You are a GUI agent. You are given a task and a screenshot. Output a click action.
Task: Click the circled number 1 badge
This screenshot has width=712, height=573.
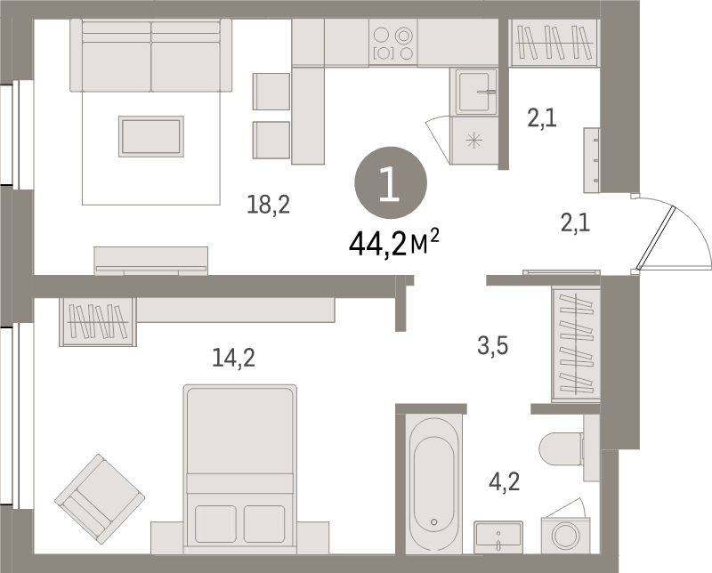tap(391, 182)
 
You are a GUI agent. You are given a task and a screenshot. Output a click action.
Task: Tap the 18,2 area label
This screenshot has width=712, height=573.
tap(269, 206)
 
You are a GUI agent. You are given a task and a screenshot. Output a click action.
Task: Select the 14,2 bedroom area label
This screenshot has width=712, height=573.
tap(233, 358)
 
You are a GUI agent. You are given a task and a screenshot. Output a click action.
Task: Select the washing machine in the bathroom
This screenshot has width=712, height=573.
tap(563, 536)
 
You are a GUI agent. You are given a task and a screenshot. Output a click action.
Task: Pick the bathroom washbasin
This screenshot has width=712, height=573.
tap(498, 537)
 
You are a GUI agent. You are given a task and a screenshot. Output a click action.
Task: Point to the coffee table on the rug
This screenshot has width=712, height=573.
tap(150, 135)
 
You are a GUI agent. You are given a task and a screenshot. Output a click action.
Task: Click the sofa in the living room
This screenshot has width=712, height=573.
tap(150, 53)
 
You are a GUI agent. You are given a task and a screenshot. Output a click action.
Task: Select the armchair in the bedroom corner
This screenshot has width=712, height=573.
tap(100, 498)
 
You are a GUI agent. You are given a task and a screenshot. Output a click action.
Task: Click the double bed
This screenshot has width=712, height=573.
tap(239, 463)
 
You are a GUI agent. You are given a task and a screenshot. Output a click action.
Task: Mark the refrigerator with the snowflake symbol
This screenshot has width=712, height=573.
tap(473, 141)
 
